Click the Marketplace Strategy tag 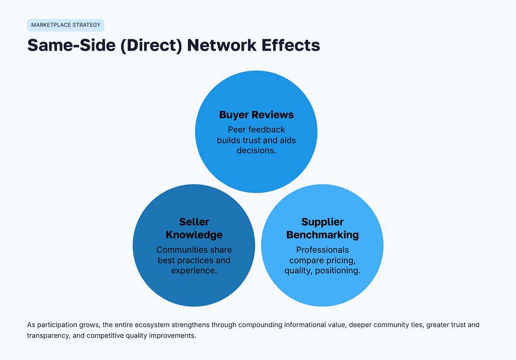(66, 25)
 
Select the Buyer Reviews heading (256, 115)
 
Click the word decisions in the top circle (256, 150)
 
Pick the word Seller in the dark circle (194, 222)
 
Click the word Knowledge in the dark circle (194, 235)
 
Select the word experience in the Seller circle (194, 271)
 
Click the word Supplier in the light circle (322, 222)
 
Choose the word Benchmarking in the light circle (322, 235)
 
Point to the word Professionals (322, 250)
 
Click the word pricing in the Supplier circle (343, 260)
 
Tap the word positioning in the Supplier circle (339, 271)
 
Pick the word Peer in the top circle (237, 129)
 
